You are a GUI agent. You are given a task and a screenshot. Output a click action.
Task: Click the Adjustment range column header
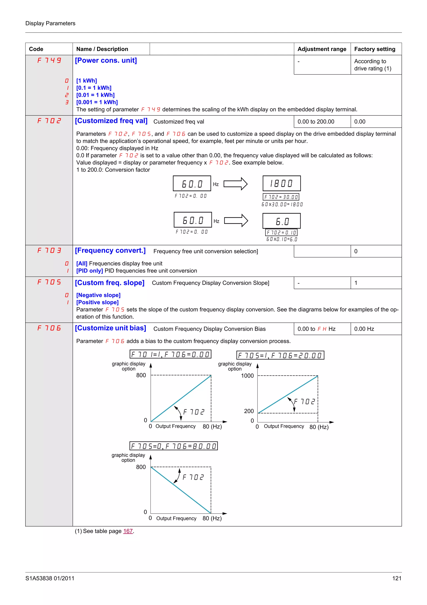point(322,49)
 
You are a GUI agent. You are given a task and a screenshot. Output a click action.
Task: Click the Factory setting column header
point(374,49)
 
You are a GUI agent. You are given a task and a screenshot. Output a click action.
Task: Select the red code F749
point(49,60)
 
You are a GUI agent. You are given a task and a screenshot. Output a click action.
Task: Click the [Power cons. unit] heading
point(106,60)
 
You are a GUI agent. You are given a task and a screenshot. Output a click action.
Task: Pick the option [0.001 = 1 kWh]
point(97,102)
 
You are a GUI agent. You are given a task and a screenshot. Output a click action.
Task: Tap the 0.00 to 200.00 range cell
point(316,122)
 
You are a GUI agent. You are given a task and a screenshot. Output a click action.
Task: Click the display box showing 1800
point(281,183)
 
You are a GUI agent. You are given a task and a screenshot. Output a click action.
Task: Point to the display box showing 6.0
point(281,221)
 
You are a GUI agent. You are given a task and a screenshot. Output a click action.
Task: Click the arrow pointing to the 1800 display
point(235,184)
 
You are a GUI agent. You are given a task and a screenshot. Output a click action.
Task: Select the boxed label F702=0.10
point(281,232)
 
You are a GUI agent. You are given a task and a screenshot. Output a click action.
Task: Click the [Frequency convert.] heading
point(110,250)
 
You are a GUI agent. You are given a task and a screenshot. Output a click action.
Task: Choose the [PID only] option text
point(89,271)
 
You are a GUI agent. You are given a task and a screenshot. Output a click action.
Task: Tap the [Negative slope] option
point(98,295)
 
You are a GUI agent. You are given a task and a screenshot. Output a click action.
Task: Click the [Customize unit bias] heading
point(110,328)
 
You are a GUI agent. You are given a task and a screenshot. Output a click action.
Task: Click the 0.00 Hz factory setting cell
point(364,329)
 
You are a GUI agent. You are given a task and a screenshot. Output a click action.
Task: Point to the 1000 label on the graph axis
point(247,376)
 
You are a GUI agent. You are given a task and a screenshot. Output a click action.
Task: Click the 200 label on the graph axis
point(249,411)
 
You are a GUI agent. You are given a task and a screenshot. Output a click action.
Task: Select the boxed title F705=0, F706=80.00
point(173,446)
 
